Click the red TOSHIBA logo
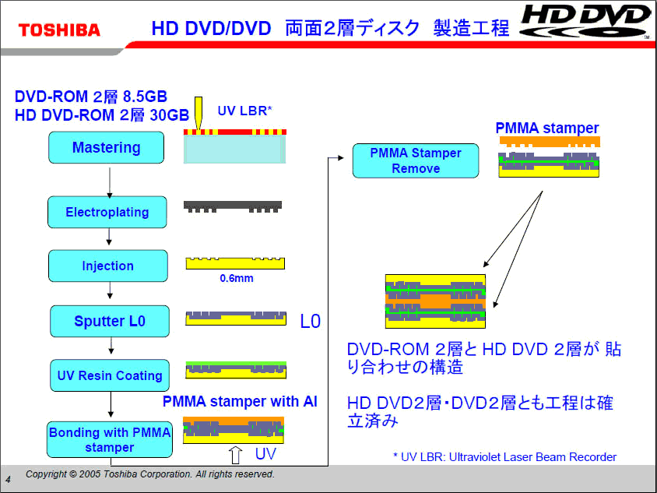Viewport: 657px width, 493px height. [x=59, y=30]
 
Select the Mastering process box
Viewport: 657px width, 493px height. [x=106, y=147]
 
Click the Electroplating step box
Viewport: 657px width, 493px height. [x=107, y=212]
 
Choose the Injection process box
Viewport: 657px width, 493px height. [x=108, y=266]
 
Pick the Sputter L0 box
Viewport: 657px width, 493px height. [x=110, y=321]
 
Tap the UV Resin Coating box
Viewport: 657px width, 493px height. [x=110, y=375]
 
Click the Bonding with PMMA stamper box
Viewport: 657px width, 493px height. [x=110, y=439]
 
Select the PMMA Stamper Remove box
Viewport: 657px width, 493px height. [x=416, y=160]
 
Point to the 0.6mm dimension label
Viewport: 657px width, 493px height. [x=237, y=278]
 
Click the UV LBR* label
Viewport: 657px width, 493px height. [x=244, y=111]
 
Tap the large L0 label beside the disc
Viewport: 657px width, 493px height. [x=311, y=322]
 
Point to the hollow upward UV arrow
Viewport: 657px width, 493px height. [x=236, y=455]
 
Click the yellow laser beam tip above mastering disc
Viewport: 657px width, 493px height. [x=199, y=129]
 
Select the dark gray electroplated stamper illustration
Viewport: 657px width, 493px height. [x=233, y=206]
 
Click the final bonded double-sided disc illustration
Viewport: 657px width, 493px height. [x=435, y=301]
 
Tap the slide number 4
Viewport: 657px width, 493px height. [x=9, y=479]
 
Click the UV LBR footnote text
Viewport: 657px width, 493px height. [x=505, y=457]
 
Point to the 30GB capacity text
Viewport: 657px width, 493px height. [x=169, y=114]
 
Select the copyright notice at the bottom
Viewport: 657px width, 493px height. [x=150, y=474]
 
